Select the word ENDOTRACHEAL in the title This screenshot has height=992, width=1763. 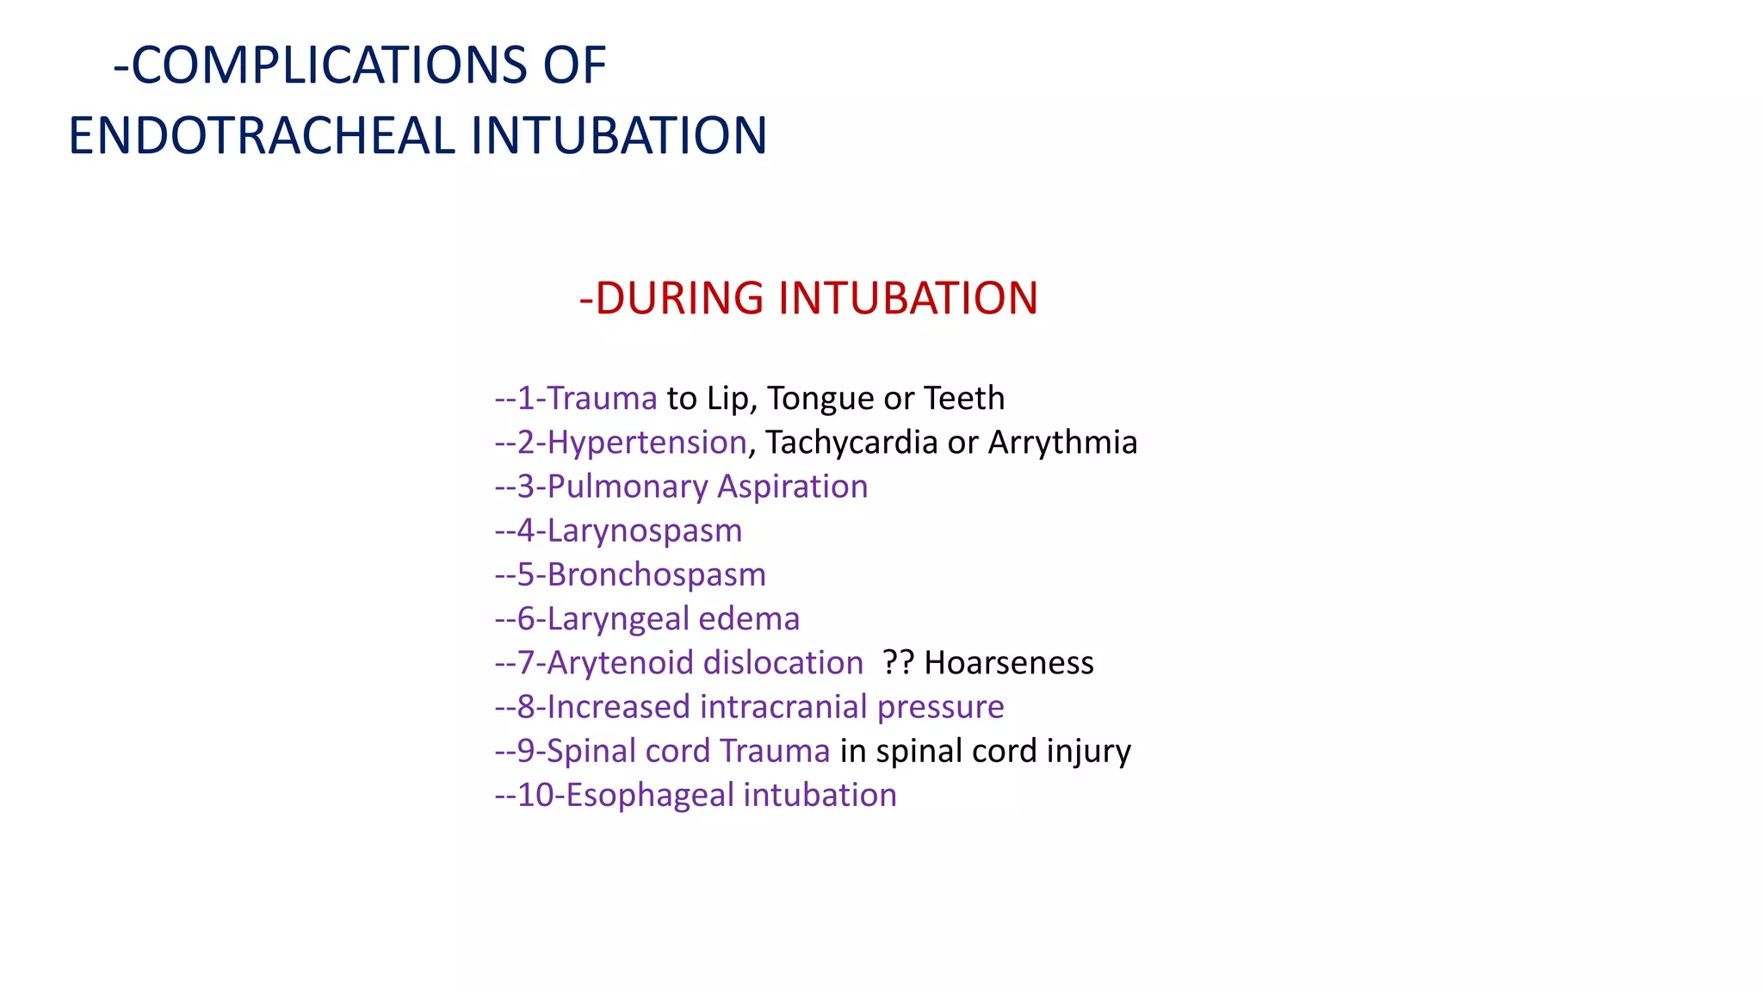[261, 136]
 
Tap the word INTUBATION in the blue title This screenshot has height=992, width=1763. [618, 136]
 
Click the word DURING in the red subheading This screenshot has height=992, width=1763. [679, 298]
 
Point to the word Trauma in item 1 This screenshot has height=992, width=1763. [602, 398]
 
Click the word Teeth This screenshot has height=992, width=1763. [963, 398]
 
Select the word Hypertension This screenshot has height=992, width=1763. [646, 442]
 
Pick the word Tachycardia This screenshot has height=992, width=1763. [851, 442]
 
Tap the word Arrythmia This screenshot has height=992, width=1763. [1062, 442]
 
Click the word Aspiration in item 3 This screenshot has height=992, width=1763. [792, 487]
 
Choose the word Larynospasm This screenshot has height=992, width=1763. [644, 530]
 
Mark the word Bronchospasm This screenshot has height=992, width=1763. [656, 574]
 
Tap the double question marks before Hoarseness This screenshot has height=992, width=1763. [898, 662]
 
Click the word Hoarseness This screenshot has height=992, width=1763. [1008, 662]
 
